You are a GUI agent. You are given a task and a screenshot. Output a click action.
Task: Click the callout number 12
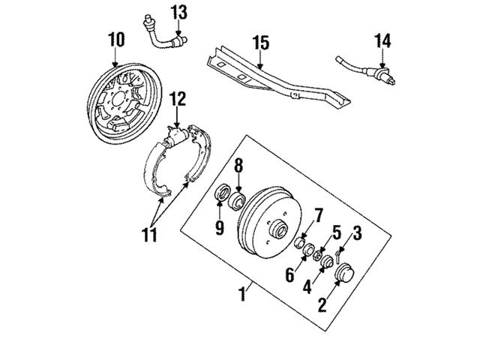[x=176, y=98]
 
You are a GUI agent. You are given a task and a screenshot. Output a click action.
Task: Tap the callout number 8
[x=238, y=166]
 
